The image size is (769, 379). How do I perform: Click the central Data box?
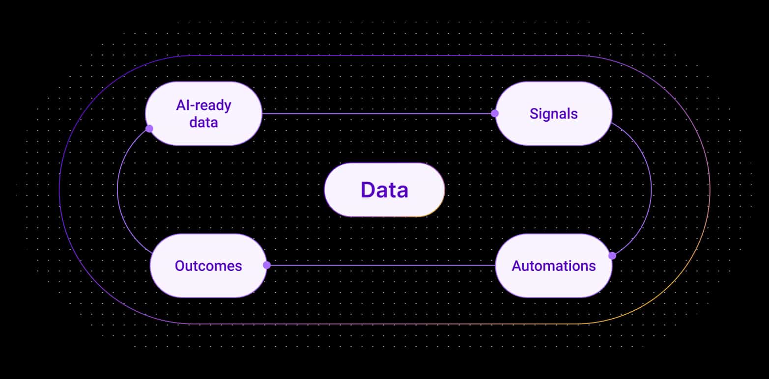384,189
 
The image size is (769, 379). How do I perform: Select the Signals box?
553,113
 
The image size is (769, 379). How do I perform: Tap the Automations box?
553,266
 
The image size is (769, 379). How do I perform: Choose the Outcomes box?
208,266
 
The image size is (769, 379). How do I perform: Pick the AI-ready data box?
203,113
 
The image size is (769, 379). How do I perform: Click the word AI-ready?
203,105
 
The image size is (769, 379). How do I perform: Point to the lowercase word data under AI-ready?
203,122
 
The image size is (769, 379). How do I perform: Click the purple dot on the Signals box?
494,113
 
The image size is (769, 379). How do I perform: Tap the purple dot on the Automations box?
612,256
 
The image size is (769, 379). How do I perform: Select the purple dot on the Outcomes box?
267,265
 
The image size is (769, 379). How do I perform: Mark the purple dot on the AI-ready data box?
149,129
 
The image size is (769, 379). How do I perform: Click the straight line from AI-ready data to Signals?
378,113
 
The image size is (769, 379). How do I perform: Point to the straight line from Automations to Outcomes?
381,266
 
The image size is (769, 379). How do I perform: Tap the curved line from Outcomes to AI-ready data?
117,189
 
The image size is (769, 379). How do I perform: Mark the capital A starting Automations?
516,266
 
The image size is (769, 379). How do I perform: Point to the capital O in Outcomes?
180,266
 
